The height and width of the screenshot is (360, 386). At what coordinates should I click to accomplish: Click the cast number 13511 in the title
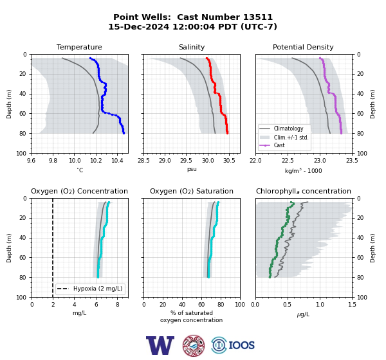[x=258, y=17]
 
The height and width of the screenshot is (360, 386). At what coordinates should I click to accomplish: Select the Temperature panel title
[x=79, y=47]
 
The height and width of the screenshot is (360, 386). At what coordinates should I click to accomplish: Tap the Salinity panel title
[x=192, y=47]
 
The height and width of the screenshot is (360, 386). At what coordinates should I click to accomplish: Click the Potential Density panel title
[x=303, y=47]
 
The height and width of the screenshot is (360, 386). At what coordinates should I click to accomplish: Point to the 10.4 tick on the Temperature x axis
[x=117, y=161]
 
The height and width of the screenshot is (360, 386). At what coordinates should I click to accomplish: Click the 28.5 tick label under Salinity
[x=143, y=161]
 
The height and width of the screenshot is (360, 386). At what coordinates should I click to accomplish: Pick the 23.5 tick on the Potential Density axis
[x=352, y=161]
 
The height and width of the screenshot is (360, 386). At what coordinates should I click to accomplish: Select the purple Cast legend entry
[x=272, y=145]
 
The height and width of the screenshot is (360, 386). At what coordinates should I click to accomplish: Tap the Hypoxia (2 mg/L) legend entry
[x=90, y=289]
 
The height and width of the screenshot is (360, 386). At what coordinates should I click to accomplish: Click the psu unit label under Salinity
[x=192, y=170]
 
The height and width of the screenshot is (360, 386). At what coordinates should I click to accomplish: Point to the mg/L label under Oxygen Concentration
[x=79, y=313]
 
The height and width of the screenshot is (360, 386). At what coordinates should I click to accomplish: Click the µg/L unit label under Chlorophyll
[x=303, y=314]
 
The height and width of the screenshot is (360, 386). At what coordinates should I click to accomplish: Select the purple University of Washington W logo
[x=160, y=345]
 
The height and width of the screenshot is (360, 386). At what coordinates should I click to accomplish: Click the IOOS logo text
[x=241, y=345]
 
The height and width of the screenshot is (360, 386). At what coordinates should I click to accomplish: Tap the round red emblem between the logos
[x=194, y=345]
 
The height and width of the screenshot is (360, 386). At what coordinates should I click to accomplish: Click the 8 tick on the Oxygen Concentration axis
[x=118, y=305]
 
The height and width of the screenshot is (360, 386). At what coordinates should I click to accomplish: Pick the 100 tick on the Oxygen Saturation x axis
[x=240, y=305]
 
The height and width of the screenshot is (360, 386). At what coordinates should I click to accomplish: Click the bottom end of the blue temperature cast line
[x=124, y=133]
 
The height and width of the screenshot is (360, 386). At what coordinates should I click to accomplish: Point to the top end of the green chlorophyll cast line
[x=291, y=203]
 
